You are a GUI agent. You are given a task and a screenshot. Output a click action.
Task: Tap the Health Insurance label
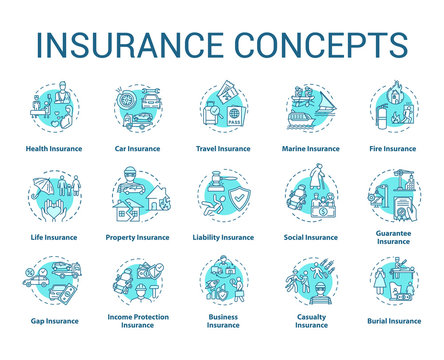55,148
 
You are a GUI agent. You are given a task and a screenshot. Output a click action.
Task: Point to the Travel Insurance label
222,148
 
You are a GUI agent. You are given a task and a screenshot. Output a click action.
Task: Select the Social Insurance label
309,237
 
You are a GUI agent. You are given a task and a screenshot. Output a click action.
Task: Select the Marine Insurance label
309,148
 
